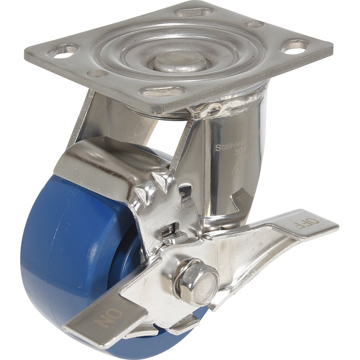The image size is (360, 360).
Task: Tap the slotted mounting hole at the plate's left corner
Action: [63, 51]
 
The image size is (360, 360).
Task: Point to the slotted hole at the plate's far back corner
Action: [193, 12]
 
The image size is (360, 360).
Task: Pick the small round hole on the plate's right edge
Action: [254, 24]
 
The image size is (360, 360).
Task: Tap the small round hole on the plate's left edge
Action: [97, 74]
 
